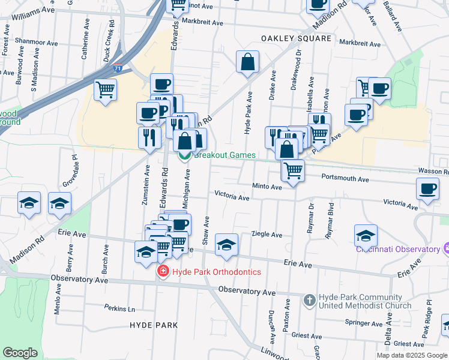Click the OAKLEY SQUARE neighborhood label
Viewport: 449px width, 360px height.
296,38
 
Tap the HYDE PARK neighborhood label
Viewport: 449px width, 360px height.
154,325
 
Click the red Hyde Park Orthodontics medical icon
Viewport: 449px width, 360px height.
162,272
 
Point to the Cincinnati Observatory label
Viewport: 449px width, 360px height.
399,249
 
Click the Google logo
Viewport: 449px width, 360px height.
20,353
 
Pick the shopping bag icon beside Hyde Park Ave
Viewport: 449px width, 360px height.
247,62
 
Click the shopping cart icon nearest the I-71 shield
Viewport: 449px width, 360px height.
106,90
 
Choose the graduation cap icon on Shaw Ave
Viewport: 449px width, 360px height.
226,245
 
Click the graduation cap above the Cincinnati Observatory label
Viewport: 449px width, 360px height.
366,236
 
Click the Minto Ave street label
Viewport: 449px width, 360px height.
267,187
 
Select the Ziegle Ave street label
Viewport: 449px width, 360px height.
267,235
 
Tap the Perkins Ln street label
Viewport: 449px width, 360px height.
119,309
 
